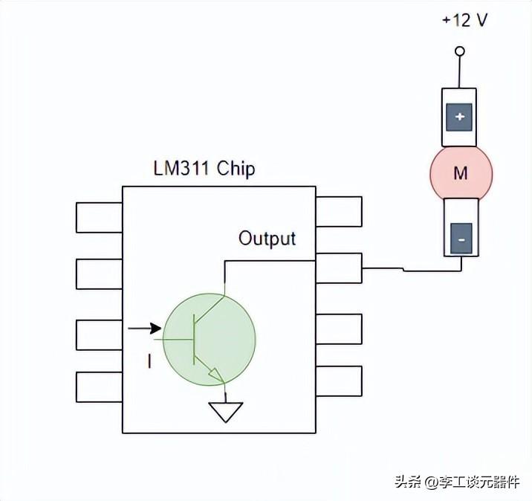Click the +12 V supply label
[464, 20]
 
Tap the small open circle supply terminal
[460, 51]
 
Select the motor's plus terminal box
[460, 117]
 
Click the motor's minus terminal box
[461, 239]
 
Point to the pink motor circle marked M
[461, 173]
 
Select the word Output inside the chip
[267, 239]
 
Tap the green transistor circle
[209, 339]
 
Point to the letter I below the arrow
[149, 362]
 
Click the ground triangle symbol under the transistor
[225, 412]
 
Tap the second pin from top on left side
[99, 274]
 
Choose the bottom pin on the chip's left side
[99, 387]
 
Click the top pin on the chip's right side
[339, 211]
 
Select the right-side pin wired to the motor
[339, 268]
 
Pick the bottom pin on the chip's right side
[339, 381]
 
